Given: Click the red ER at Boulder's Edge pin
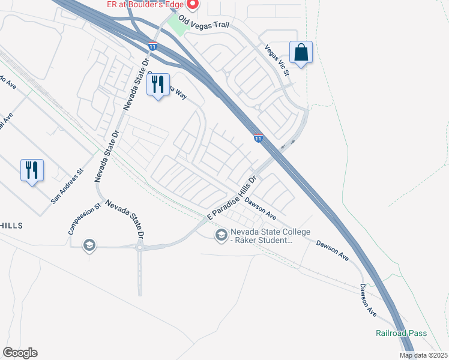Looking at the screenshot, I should click(192, 5).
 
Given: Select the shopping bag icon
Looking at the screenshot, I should click(301, 52).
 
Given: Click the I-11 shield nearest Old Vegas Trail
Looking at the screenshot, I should click(154, 46).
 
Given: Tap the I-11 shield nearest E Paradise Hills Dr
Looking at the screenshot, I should click(258, 139).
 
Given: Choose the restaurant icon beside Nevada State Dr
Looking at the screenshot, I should click(158, 85).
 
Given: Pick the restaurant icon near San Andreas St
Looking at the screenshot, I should click(32, 170).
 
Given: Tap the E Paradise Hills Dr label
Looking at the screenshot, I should click(233, 198).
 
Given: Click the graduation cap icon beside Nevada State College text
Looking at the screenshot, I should click(221, 235).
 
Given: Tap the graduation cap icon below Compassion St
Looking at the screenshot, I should click(89, 245).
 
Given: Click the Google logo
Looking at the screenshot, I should click(20, 352).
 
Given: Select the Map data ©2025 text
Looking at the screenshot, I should click(424, 355).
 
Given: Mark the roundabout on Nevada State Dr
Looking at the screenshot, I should click(140, 247).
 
